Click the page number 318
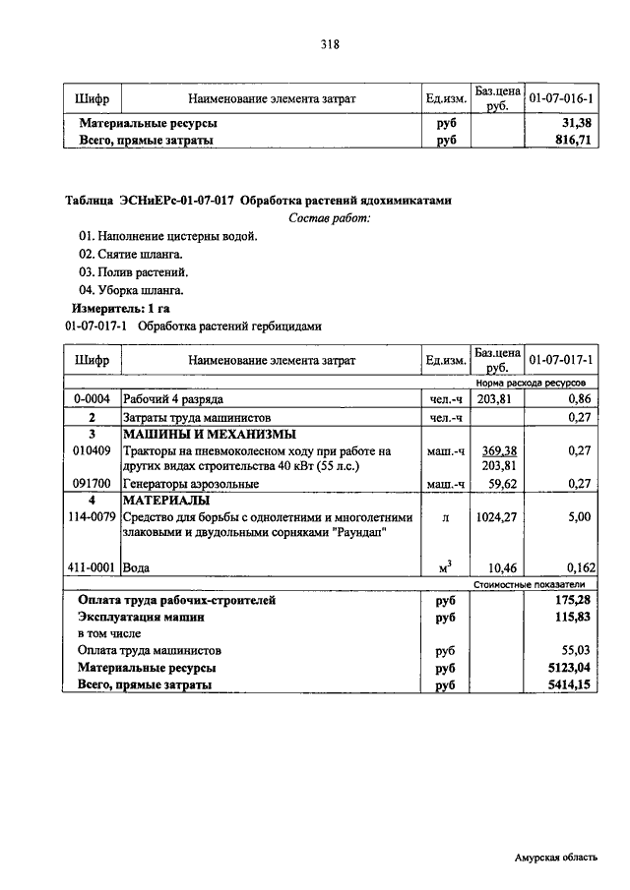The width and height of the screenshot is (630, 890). (330, 43)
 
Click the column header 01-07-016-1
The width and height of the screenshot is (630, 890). (561, 99)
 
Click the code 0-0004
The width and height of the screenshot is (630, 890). (91, 400)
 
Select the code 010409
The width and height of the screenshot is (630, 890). (91, 450)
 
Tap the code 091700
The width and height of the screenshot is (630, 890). (91, 484)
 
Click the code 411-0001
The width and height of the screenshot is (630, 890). (91, 567)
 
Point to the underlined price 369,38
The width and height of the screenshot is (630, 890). (498, 450)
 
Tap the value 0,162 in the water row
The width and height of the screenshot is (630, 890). (576, 567)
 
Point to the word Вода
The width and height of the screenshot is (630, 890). (137, 567)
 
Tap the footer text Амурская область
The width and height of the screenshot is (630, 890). (555, 858)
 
